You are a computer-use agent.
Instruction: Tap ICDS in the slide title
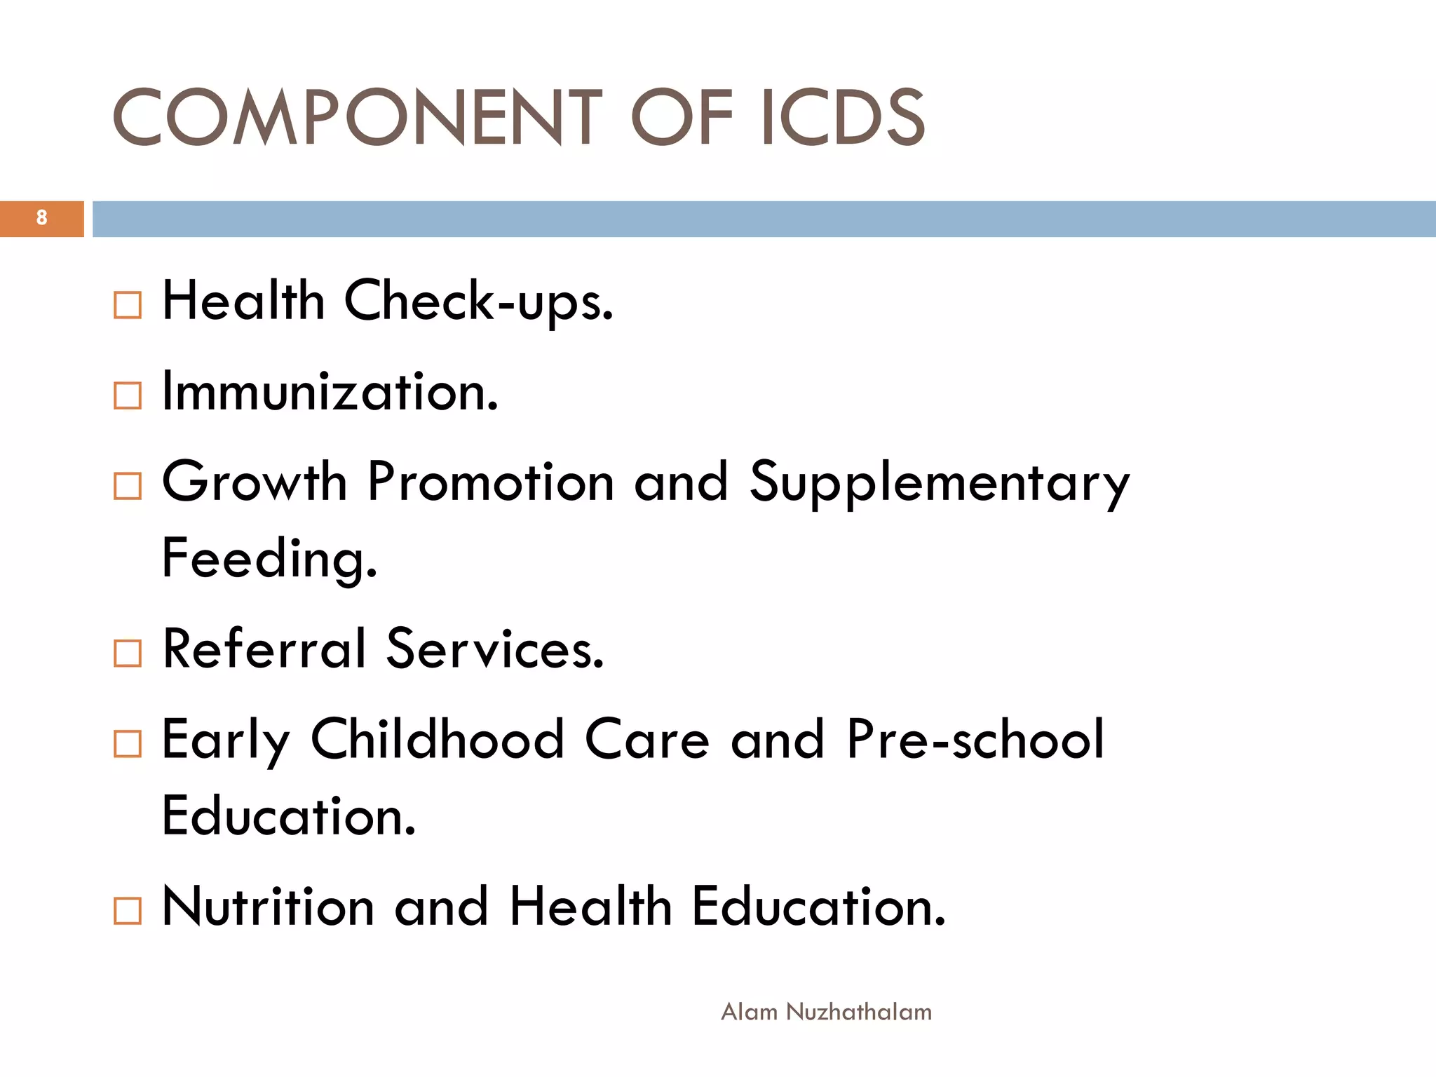coord(843,117)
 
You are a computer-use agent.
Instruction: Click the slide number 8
coord(42,218)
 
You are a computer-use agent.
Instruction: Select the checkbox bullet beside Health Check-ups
coord(128,305)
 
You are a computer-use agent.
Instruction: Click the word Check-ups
coord(479,302)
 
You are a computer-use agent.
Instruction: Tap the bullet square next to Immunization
coord(128,395)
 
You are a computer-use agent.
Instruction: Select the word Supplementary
coord(940,484)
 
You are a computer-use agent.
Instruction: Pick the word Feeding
coord(270,559)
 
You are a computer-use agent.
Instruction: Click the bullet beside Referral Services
coord(128,653)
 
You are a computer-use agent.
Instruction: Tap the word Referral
coord(265,649)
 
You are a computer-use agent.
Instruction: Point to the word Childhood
coord(438,739)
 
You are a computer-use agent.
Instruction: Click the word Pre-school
coord(975,739)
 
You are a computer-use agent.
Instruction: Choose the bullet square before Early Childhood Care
coord(128,744)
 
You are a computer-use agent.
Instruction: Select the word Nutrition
coord(269,906)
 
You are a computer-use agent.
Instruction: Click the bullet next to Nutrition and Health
coord(128,911)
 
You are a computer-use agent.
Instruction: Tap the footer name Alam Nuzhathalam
coord(827,1012)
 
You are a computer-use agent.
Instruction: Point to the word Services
coord(495,649)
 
